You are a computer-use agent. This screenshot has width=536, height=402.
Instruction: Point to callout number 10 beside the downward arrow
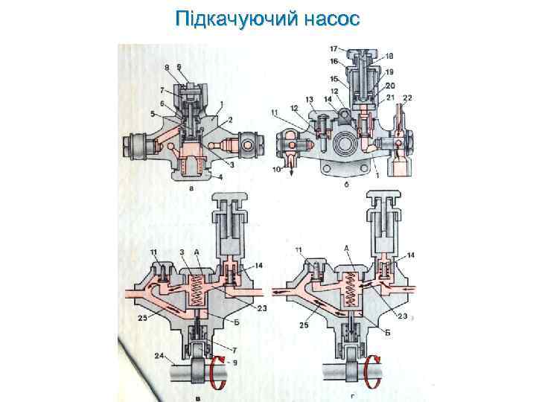click(x=277, y=170)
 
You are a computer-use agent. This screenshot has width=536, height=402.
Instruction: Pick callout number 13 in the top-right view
click(x=308, y=99)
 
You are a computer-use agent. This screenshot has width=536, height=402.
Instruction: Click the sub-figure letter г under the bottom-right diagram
click(x=351, y=395)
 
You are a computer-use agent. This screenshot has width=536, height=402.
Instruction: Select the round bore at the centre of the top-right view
click(x=345, y=143)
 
